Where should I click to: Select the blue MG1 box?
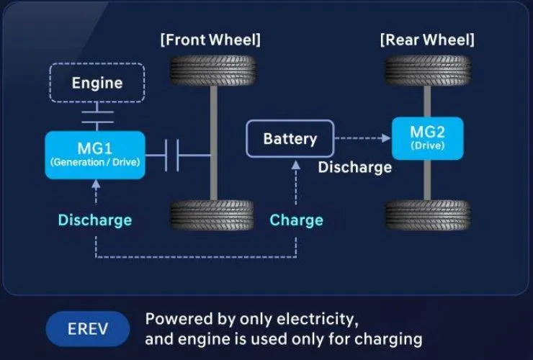[95, 155]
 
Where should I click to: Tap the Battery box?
[290, 139]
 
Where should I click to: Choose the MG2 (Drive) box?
[427, 138]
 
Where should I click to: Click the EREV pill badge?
[88, 329]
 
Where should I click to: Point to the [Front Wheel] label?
[210, 40]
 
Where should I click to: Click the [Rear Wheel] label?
[427, 40]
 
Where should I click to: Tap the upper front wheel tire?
[212, 71]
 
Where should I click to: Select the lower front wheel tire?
[212, 215]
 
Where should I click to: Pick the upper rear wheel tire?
[428, 71]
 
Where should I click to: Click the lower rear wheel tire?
[428, 215]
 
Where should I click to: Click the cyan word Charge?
[296, 220]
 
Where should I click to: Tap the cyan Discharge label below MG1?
[95, 220]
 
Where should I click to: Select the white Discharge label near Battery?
[355, 167]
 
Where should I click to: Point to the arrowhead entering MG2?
[386, 138]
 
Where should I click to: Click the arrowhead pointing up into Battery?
[296, 165]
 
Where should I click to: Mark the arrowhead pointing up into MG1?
[97, 184]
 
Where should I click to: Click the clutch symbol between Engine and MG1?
[97, 117]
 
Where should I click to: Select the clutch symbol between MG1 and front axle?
[172, 156]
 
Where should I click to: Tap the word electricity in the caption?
[318, 319]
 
